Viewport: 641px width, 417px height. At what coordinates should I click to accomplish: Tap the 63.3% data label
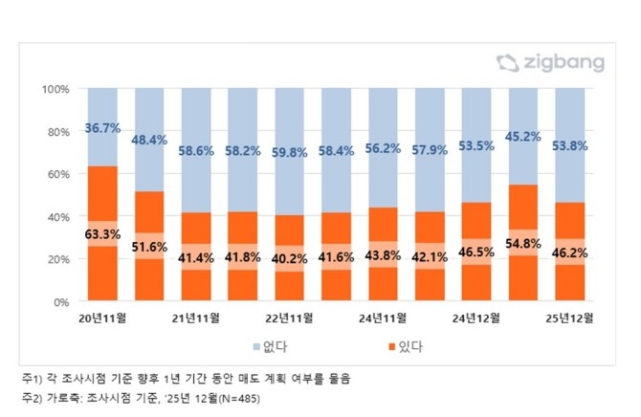coord(102,230)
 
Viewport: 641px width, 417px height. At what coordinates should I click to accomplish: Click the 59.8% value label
coord(290,150)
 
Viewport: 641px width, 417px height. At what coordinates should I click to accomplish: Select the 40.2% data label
coord(290,258)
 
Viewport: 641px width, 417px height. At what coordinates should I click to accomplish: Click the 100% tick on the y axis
coord(55,89)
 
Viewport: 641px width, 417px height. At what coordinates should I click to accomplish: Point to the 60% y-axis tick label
coord(58,174)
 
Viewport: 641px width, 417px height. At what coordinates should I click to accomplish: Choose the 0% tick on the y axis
coord(61,301)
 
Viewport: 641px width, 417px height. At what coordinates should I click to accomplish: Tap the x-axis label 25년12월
coord(570,317)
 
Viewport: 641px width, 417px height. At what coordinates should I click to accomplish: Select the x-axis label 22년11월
coord(289,317)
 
